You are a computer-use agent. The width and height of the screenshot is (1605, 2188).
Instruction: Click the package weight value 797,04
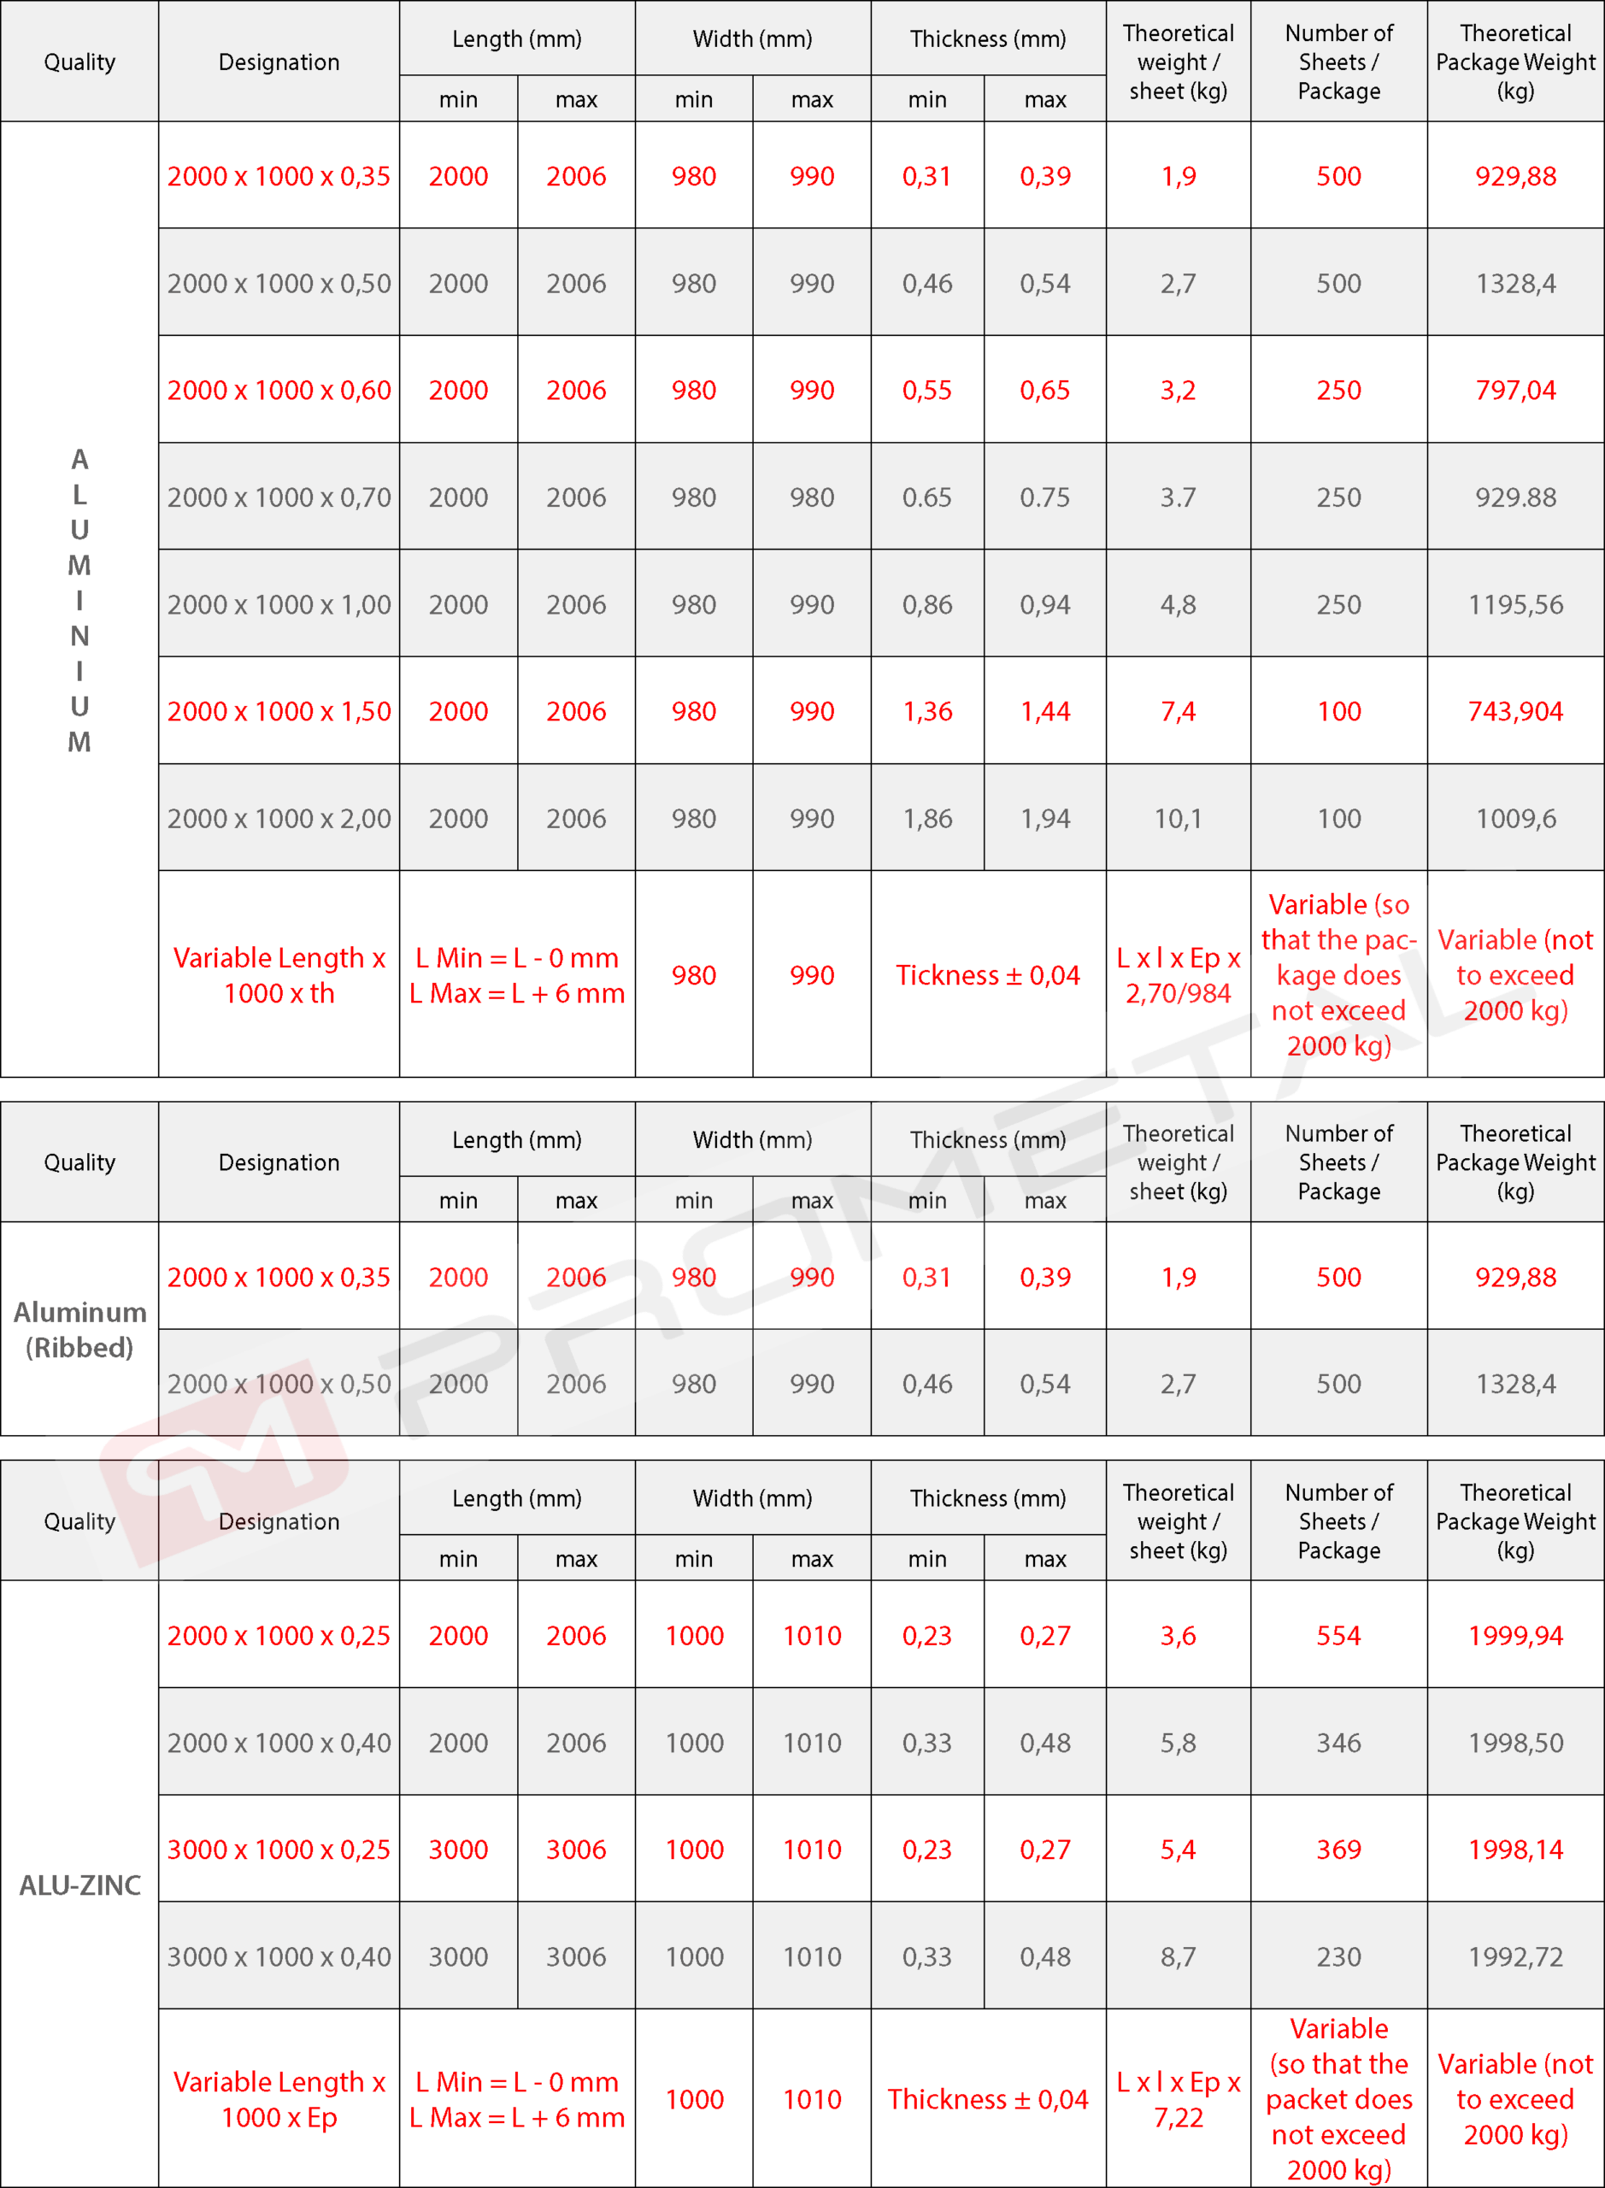click(x=1514, y=390)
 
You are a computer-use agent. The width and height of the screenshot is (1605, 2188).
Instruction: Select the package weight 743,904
click(x=1514, y=711)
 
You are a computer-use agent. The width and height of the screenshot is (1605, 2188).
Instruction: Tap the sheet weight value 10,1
click(x=1178, y=818)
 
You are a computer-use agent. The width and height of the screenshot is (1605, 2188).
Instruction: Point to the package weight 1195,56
click(x=1514, y=604)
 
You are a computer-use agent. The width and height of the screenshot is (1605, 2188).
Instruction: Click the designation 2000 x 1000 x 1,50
click(x=279, y=711)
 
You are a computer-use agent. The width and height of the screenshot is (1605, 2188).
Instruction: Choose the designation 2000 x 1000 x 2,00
click(x=279, y=818)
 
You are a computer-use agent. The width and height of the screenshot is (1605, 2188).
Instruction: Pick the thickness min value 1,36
click(x=927, y=711)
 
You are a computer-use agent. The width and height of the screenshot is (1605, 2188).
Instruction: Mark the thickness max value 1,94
click(x=1044, y=818)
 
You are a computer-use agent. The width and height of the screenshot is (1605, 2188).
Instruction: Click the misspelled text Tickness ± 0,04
click(x=987, y=974)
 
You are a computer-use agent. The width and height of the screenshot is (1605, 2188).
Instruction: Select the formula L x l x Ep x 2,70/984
click(x=1178, y=974)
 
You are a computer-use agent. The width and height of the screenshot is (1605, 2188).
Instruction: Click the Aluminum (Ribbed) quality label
click(x=79, y=1329)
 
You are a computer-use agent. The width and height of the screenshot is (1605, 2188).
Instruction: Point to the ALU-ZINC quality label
click(x=79, y=1885)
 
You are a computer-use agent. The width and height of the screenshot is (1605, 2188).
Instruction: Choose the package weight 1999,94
click(x=1514, y=1635)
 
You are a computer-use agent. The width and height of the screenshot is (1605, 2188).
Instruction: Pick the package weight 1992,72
click(x=1514, y=1956)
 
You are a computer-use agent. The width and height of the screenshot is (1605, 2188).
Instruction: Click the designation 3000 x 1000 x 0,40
click(x=279, y=1956)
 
